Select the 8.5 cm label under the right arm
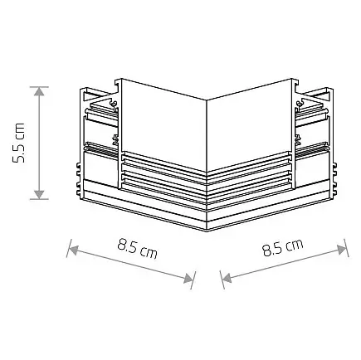[282, 247]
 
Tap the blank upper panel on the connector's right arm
[249, 116]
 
